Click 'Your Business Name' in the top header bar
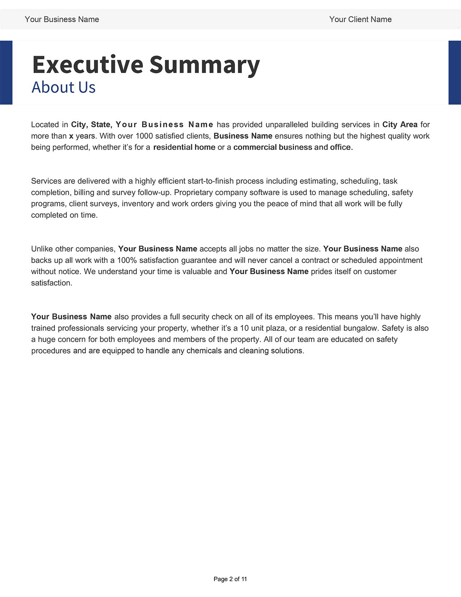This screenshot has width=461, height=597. coord(62,20)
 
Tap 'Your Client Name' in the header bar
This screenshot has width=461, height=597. coord(360,20)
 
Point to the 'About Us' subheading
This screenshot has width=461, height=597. coord(64,87)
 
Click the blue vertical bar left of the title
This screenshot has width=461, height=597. coord(6,72)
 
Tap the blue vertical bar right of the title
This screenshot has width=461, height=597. coord(454,72)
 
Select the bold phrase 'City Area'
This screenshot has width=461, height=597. coord(400,125)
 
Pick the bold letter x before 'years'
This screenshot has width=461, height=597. coord(71,136)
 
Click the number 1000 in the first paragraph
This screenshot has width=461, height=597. coord(144,136)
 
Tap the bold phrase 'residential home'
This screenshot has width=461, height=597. coord(184,147)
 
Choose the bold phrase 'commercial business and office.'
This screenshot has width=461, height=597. coord(293,147)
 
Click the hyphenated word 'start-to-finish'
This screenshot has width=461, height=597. coord(211,181)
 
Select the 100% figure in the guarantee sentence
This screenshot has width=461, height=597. coord(127,261)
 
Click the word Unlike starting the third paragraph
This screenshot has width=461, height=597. coord(42,249)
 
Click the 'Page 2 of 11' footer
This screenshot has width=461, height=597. coord(230,579)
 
